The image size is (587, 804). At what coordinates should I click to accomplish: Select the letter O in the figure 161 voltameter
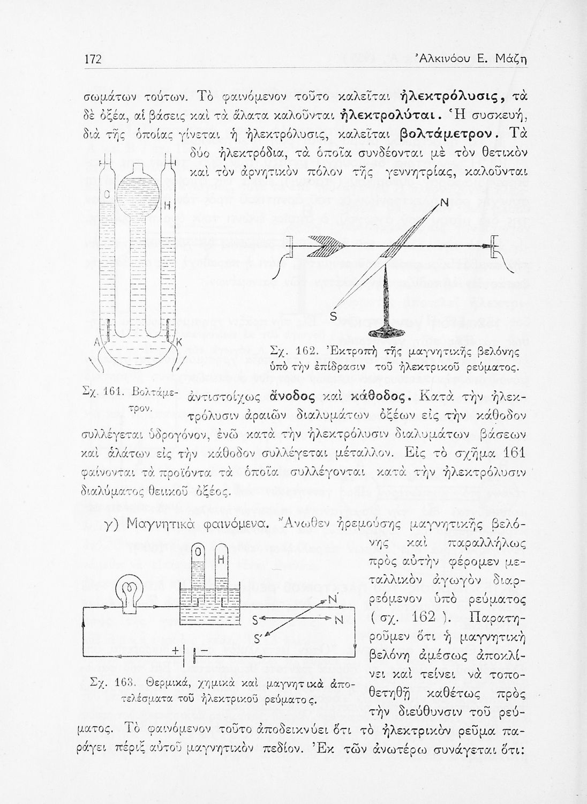tap(107, 192)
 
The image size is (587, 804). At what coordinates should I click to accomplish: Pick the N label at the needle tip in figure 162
tap(443, 203)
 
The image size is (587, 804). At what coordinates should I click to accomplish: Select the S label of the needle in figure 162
tap(332, 317)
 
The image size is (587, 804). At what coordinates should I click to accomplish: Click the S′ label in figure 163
tap(258, 638)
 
